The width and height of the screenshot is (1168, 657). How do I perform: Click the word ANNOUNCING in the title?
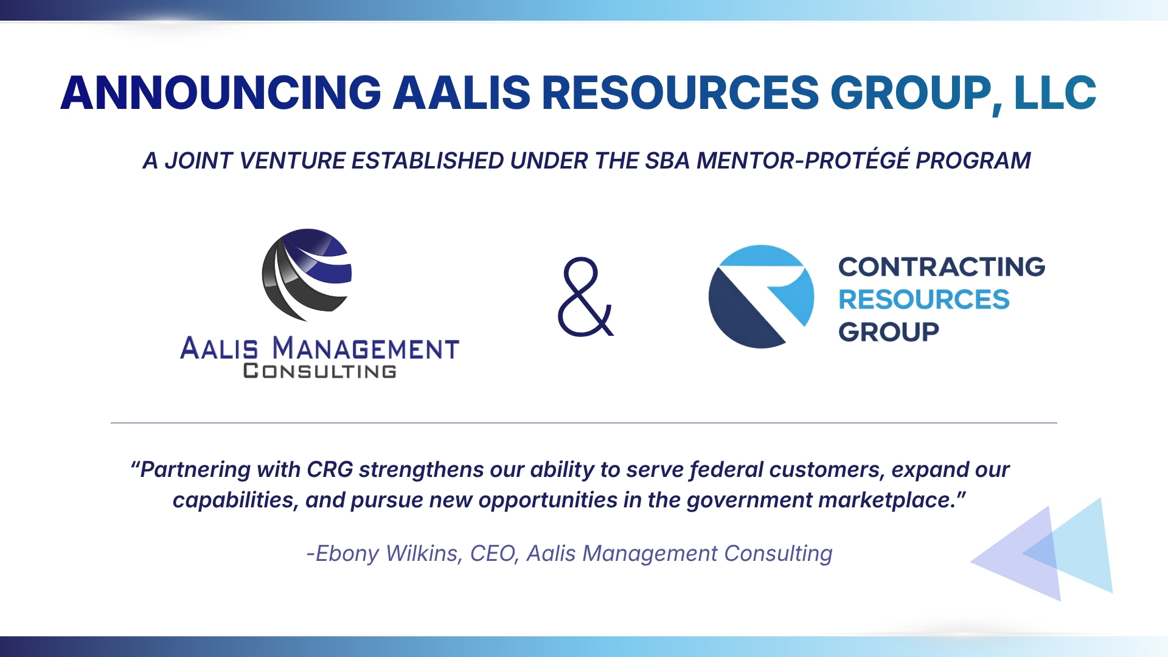pos(220,93)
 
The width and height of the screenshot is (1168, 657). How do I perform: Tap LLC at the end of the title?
pos(1055,93)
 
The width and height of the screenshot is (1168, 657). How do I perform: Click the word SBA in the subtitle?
pos(668,161)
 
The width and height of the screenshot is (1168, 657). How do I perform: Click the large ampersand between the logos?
pos(585,298)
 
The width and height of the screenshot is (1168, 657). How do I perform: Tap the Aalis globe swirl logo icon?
pos(307,274)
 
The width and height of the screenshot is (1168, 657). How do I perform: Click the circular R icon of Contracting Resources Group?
pos(761,297)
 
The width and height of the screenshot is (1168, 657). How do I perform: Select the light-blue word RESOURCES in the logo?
pos(923,299)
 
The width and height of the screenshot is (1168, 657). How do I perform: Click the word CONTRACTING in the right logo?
pos(942,266)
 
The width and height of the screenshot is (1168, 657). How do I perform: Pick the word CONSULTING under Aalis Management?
pos(319,371)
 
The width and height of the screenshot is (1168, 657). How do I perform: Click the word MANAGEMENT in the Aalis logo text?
pos(365,349)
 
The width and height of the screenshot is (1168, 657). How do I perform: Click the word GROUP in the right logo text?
pos(888,332)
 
